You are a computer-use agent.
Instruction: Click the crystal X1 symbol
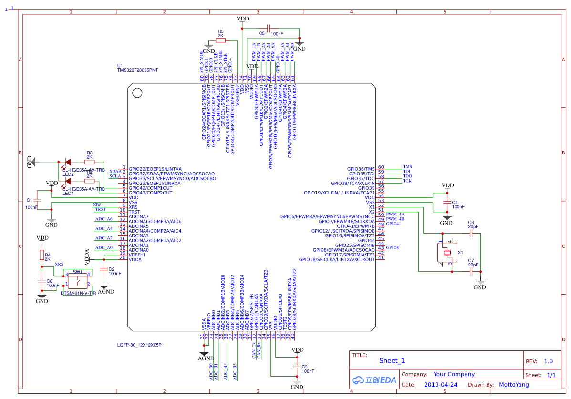click(448, 253)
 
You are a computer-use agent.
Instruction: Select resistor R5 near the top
click(220, 41)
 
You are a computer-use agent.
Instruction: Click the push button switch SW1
click(78, 279)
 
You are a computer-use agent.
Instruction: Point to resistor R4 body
click(42, 255)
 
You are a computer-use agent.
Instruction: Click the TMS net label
click(407, 166)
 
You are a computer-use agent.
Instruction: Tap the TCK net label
click(407, 181)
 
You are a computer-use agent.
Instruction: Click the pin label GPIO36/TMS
click(361, 169)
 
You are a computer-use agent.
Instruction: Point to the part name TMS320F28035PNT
click(137, 70)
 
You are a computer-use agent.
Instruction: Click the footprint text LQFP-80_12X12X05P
click(139, 345)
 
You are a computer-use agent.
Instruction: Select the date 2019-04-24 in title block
click(441, 385)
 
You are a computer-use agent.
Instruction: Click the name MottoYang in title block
click(514, 385)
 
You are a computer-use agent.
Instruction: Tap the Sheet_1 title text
click(392, 361)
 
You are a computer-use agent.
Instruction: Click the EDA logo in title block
click(374, 380)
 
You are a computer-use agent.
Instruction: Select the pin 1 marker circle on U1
click(137, 93)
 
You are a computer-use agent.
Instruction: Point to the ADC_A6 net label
click(104, 219)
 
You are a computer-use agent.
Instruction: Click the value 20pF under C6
click(473, 227)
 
